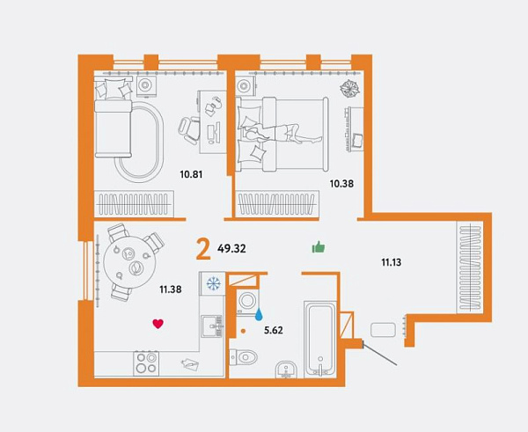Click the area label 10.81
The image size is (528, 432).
pos(191,174)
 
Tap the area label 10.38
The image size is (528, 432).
pos(341,184)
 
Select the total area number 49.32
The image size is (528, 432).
pos(231,249)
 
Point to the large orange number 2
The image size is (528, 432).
pos(203,250)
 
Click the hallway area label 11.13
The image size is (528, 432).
pos(392,262)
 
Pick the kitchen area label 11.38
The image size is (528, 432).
pos(171,289)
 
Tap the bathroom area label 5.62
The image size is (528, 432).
pos(274,330)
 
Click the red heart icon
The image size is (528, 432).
pos(158,324)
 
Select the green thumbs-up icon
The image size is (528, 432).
pos(319,247)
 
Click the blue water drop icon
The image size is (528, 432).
pos(259,314)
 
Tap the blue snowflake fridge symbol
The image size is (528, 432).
pos(213,283)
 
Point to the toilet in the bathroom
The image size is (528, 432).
pos(243,356)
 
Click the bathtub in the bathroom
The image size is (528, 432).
pos(320,339)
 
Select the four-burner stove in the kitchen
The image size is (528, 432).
pos(146,363)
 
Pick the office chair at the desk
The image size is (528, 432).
pos(189,129)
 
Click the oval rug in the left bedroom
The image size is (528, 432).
pos(140,143)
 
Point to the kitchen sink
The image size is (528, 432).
pos(212,326)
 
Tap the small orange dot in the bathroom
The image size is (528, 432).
pos(243,332)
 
